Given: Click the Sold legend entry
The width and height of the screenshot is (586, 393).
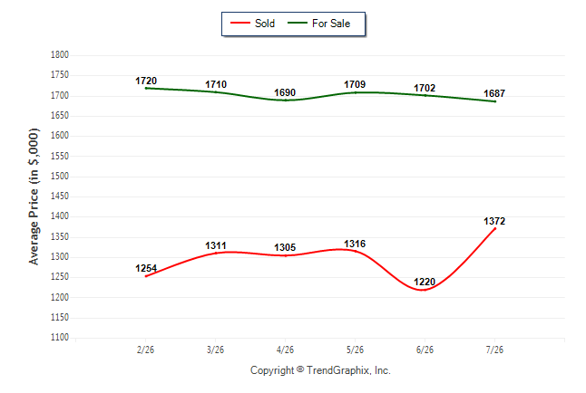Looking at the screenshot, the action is click(x=253, y=24).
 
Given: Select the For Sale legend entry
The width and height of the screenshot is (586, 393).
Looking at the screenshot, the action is click(x=318, y=24).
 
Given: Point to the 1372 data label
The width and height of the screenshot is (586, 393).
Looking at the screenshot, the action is click(x=494, y=221).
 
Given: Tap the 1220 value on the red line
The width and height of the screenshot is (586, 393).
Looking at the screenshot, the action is click(x=425, y=282).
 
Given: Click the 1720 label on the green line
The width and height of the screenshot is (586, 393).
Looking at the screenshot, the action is click(x=146, y=81).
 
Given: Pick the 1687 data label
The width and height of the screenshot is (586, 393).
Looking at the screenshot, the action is click(x=494, y=93).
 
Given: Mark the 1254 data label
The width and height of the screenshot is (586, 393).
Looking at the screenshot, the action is click(x=146, y=268).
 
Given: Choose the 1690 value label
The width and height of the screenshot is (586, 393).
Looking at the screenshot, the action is click(x=285, y=92).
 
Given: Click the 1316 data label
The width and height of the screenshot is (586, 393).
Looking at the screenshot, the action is click(x=355, y=244).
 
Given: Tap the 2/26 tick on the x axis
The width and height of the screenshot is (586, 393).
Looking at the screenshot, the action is click(x=145, y=350).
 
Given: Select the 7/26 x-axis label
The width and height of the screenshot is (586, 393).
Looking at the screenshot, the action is click(x=494, y=350).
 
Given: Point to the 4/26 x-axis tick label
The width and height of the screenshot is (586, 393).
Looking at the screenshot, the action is click(x=285, y=350).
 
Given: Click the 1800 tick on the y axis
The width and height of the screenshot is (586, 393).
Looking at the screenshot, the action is click(x=60, y=55).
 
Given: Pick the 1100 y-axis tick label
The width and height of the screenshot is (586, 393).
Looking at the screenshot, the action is click(x=60, y=338).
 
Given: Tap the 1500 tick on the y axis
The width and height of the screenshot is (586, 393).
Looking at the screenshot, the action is click(x=60, y=177).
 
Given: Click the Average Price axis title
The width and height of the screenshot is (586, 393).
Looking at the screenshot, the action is click(x=34, y=196).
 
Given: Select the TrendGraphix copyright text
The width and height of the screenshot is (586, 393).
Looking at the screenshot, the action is click(x=320, y=370).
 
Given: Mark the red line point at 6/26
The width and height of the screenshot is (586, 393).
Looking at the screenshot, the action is click(x=425, y=290).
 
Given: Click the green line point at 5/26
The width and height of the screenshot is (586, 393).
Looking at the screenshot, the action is click(x=355, y=92).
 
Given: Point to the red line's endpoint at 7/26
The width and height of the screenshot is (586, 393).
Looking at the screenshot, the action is click(x=495, y=228).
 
